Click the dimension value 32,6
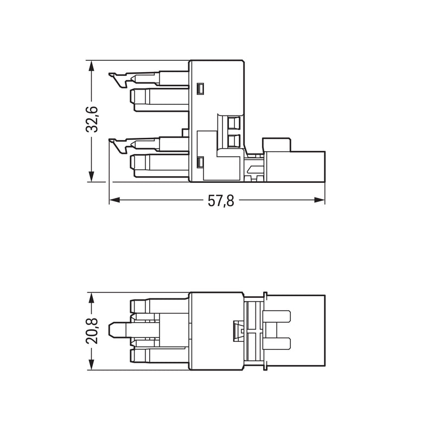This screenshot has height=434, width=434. [x=92, y=119]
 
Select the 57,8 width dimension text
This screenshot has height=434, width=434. [x=221, y=201]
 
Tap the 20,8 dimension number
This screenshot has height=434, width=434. [x=92, y=331]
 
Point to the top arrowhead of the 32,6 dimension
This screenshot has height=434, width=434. [x=91, y=66]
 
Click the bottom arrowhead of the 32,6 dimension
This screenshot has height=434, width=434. [x=91, y=176]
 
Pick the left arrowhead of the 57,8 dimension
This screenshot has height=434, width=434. [x=115, y=200]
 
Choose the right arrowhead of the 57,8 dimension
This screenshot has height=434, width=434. [x=319, y=200]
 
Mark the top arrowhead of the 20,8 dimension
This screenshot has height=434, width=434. [x=91, y=298]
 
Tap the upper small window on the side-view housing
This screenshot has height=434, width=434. [x=200, y=89]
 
